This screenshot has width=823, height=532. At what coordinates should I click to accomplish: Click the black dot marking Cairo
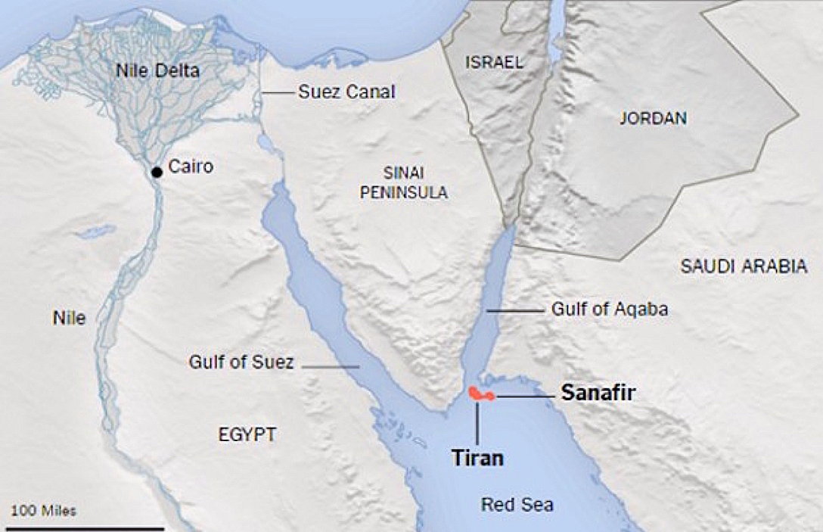(x=157, y=173)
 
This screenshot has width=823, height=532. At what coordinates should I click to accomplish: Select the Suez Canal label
(x=346, y=92)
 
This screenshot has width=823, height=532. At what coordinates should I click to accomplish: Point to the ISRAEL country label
(x=494, y=62)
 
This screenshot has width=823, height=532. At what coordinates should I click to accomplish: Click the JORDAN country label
(x=653, y=118)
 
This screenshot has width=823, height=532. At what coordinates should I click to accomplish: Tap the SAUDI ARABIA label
(x=744, y=266)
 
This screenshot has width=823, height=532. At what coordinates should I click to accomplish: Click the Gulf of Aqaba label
(x=609, y=309)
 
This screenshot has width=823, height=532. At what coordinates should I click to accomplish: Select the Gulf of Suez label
(x=241, y=362)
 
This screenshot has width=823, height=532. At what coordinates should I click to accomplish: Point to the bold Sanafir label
(x=598, y=392)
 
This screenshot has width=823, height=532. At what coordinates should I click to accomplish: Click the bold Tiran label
(x=477, y=457)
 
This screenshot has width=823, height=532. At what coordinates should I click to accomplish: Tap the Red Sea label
(x=517, y=505)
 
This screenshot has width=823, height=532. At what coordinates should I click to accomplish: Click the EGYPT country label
(x=247, y=434)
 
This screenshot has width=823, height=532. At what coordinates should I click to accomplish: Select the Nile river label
(x=69, y=319)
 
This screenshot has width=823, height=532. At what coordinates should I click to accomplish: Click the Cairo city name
(x=191, y=166)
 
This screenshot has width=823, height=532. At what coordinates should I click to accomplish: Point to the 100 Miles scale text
(x=44, y=510)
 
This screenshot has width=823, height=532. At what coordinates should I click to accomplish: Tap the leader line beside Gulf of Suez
(x=331, y=366)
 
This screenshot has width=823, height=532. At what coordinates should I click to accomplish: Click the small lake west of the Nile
(x=96, y=232)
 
